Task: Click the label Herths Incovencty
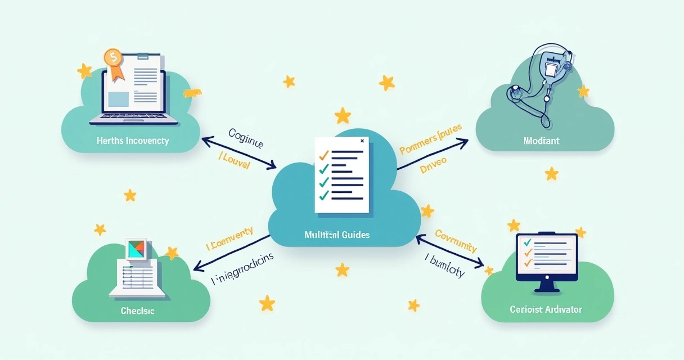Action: (132, 141)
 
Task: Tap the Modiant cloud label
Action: (541, 141)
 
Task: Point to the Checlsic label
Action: (137, 310)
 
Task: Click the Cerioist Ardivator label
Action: (546, 309)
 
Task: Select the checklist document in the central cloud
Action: (342, 175)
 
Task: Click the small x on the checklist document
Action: (362, 141)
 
